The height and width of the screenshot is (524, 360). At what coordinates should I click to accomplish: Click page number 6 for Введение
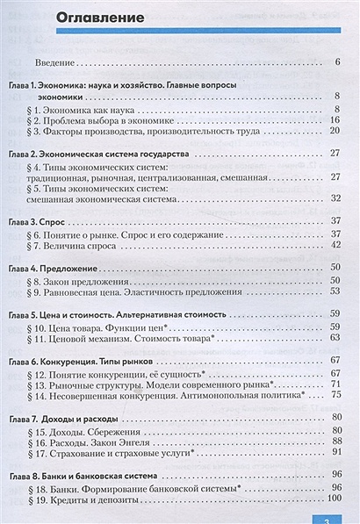337,63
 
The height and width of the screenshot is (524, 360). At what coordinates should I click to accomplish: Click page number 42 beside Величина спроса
335,247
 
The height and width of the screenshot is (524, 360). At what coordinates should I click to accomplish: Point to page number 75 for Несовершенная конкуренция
335,396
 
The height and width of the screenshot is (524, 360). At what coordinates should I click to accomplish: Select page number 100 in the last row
333,499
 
